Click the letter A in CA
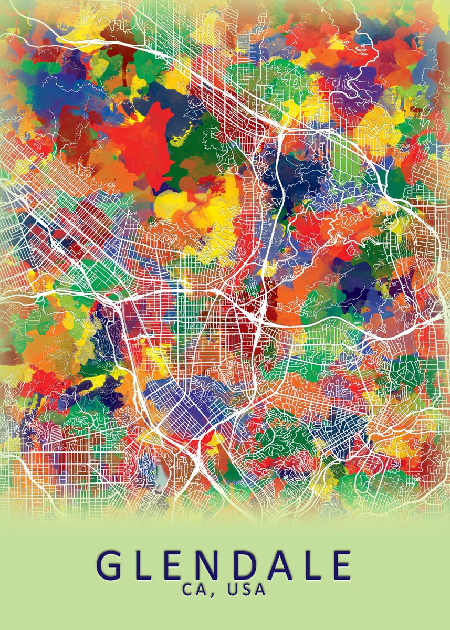[202, 590]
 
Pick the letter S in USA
[245, 590]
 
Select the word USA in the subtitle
[245, 590]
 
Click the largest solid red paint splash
[142, 142]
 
